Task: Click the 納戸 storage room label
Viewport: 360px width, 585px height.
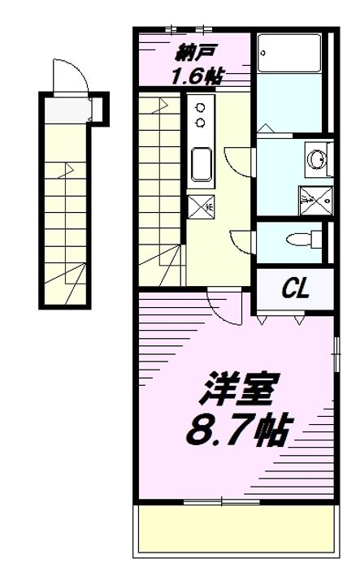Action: [194, 54]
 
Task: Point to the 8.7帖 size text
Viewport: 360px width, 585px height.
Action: [237, 430]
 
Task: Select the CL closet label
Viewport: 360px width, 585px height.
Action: [296, 288]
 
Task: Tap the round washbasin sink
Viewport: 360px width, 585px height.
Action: [317, 159]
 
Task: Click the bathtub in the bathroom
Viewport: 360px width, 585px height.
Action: [289, 53]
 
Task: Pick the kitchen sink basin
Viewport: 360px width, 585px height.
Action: [201, 164]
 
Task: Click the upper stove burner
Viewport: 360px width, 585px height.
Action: [201, 108]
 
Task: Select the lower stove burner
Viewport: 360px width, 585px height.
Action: [201, 123]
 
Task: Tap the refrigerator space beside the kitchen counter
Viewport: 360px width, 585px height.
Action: [201, 206]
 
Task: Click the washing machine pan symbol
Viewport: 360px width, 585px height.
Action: [316, 201]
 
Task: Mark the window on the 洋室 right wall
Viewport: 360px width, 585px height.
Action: [337, 351]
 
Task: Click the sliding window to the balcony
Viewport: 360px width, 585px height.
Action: [222, 502]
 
